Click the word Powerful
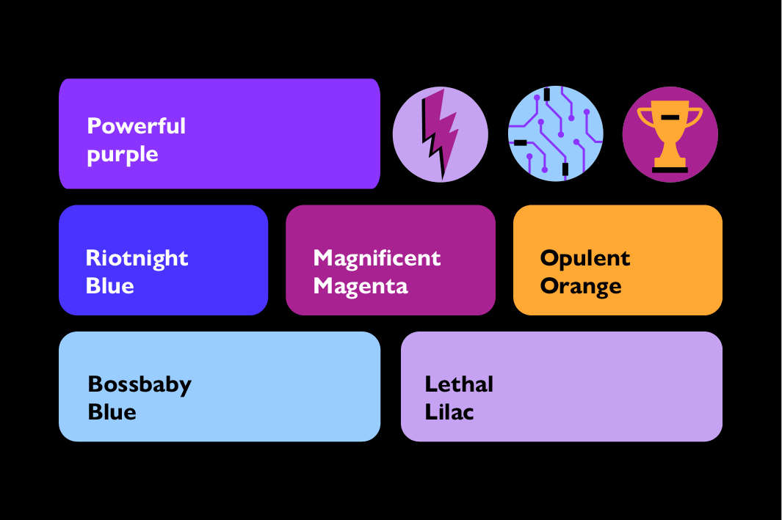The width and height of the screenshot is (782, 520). click(x=136, y=126)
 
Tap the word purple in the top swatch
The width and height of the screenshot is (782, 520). click(x=122, y=155)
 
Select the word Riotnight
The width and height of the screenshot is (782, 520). click(x=137, y=258)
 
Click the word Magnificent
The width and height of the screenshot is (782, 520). click(x=377, y=258)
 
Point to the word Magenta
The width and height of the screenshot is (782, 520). click(x=360, y=286)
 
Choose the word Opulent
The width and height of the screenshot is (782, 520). click(x=584, y=258)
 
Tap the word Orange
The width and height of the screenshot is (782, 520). click(x=580, y=286)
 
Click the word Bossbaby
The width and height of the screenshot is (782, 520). click(x=139, y=384)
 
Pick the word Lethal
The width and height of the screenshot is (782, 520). click(x=459, y=384)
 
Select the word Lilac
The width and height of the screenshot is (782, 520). click(x=449, y=412)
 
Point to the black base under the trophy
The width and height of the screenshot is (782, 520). click(x=670, y=169)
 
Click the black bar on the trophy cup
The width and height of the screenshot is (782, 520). click(x=670, y=117)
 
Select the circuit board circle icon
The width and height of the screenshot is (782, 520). click(x=556, y=133)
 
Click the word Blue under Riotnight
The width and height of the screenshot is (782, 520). click(x=109, y=286)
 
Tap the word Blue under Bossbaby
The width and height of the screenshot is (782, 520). click(x=112, y=412)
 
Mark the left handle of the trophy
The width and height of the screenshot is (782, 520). click(x=645, y=117)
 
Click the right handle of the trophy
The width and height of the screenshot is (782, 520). click(x=695, y=117)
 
